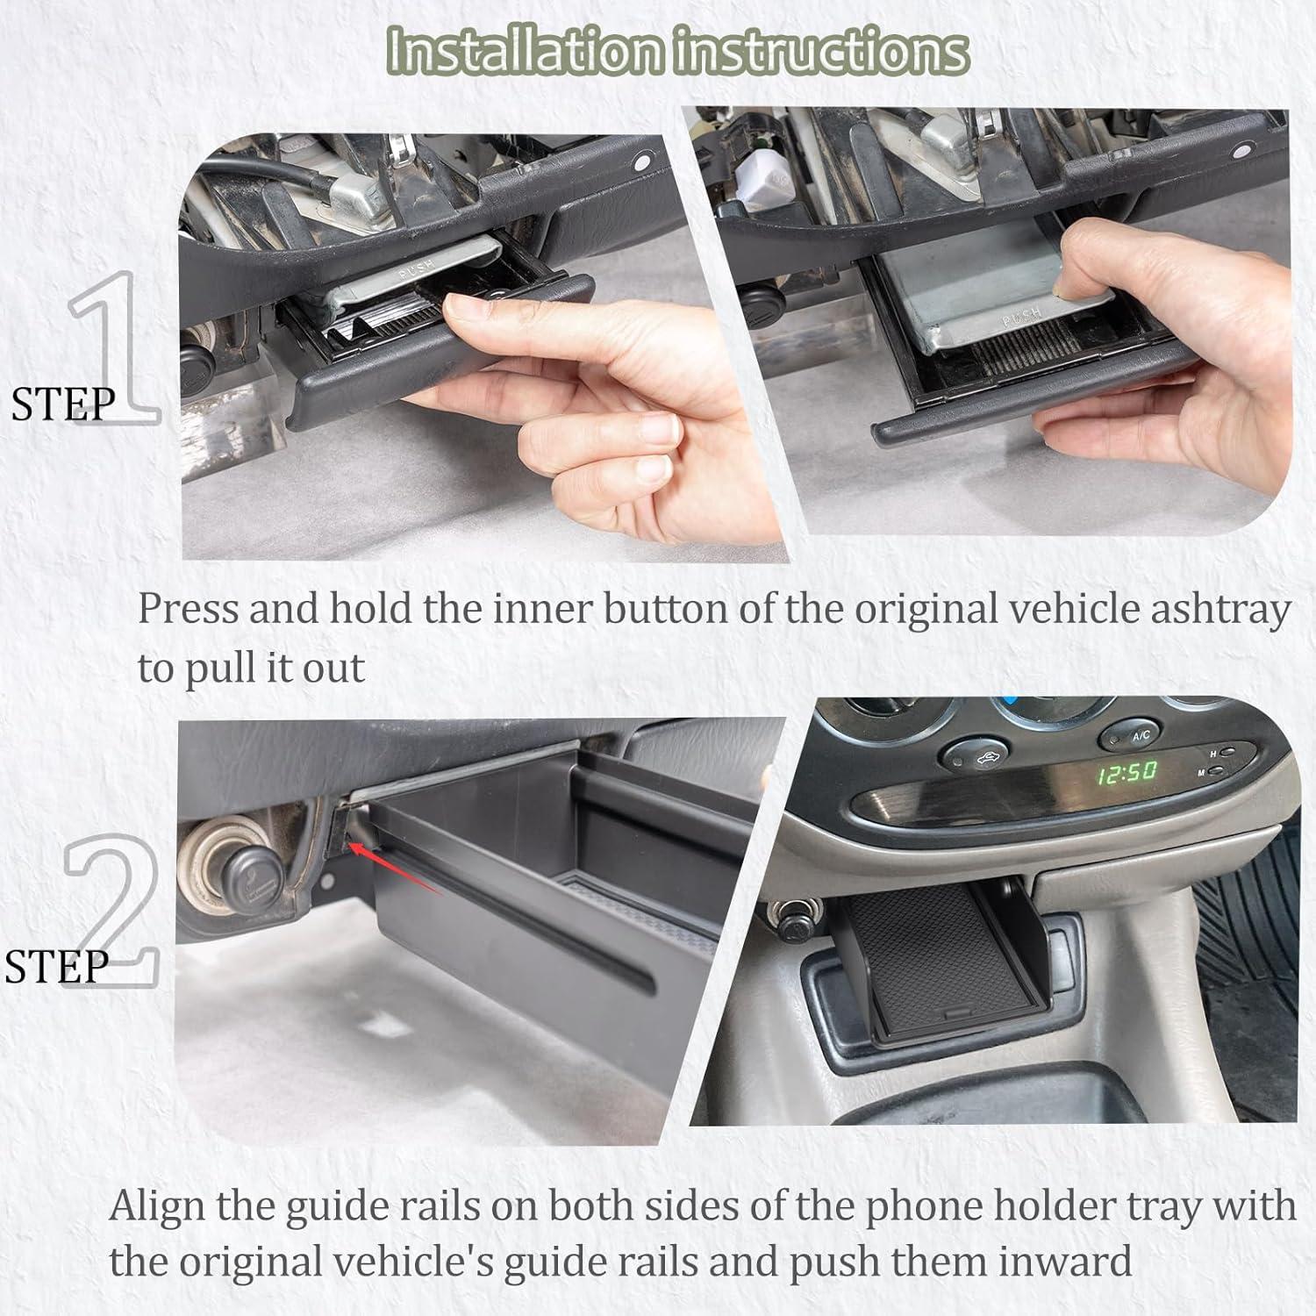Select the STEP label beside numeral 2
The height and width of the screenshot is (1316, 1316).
click(57, 966)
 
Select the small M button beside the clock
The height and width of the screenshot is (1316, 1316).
click(1220, 772)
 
